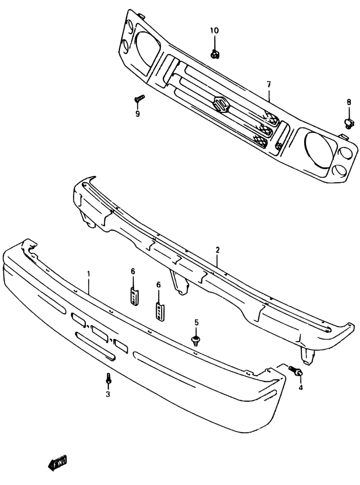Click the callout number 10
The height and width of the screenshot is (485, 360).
coord(215,31)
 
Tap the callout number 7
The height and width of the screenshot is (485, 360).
coord(268,85)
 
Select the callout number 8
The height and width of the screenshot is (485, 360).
coord(349,102)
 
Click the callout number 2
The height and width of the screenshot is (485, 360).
coord(218,249)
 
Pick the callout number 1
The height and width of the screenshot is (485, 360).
coord(88,273)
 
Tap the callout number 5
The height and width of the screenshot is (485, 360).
coord(196,323)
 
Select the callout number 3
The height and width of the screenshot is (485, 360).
coord(108,394)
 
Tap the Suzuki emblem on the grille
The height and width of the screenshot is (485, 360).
coord(221,104)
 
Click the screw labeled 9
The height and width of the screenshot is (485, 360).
coord(140,98)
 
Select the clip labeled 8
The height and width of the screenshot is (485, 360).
coord(348,121)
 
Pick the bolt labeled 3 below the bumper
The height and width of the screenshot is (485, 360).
coord(108,378)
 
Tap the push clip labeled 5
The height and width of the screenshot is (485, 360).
coord(196,340)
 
